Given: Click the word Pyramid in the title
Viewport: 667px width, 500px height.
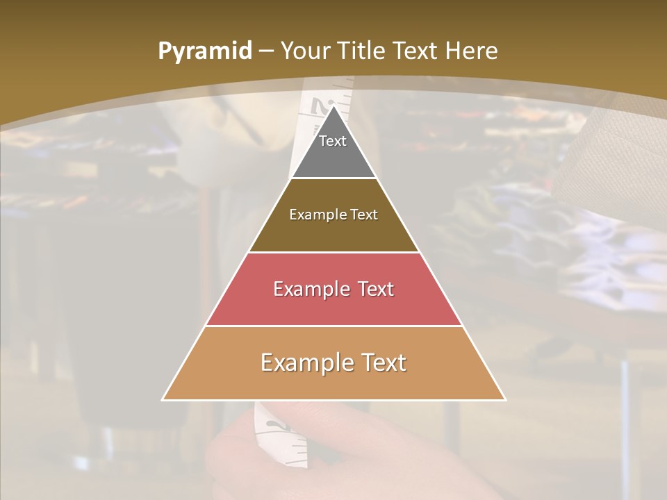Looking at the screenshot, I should point(205,51).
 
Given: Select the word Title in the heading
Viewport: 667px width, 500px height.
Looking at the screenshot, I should point(362,51).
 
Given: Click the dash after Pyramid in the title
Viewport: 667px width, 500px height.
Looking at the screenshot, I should point(265,51).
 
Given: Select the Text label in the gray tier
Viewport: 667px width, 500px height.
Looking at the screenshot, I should point(333,141).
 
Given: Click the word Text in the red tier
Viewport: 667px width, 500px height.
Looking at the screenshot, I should point(375,289).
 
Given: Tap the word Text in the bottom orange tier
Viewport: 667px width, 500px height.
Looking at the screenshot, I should point(381,362).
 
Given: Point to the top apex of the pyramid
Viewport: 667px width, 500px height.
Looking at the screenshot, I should point(334,106).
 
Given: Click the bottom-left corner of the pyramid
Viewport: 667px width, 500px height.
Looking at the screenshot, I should point(163,400).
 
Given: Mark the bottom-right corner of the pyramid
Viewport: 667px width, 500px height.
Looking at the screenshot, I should point(505,400).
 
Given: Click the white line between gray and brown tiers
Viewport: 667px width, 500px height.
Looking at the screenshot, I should point(334,178).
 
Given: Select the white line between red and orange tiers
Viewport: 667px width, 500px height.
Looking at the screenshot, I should point(334,326).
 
